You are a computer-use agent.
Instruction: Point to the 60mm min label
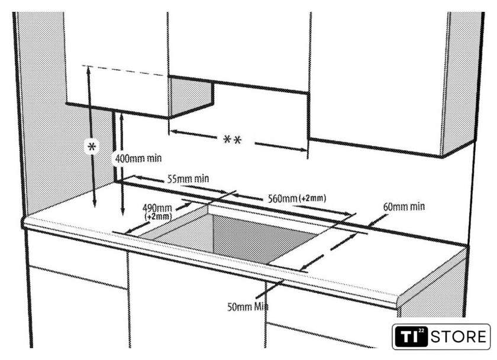tap(404, 207)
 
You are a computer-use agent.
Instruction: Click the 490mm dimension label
tap(157, 208)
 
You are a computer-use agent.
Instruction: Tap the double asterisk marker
tap(233, 141)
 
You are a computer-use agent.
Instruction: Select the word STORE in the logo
tap(458, 338)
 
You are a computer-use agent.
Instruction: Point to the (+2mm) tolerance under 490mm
tap(158, 217)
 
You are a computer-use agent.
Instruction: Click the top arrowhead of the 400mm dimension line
tap(122, 116)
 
